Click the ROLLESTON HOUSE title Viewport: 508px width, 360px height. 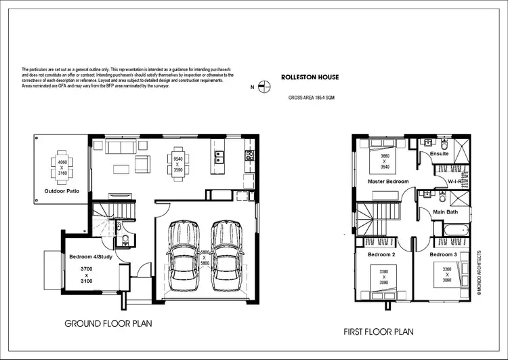(311, 77)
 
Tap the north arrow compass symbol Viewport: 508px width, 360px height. (266, 86)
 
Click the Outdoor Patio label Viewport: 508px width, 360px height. (62, 191)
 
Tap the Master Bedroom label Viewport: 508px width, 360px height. (388, 182)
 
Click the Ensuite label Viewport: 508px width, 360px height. (440, 154)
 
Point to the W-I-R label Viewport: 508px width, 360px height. (454, 182)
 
